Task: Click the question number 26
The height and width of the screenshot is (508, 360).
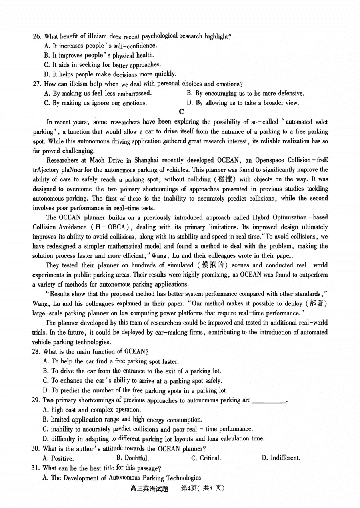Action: tap(37, 36)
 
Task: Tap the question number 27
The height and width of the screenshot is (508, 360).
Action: tap(37, 84)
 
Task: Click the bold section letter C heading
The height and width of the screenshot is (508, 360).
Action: tap(181, 112)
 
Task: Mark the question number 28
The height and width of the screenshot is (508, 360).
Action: tap(36, 352)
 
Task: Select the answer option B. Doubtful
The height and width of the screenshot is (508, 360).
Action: tap(132, 458)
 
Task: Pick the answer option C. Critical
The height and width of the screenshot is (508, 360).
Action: tap(206, 458)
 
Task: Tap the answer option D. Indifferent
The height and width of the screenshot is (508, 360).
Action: tap(281, 458)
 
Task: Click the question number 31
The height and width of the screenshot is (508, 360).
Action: tap(36, 468)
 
